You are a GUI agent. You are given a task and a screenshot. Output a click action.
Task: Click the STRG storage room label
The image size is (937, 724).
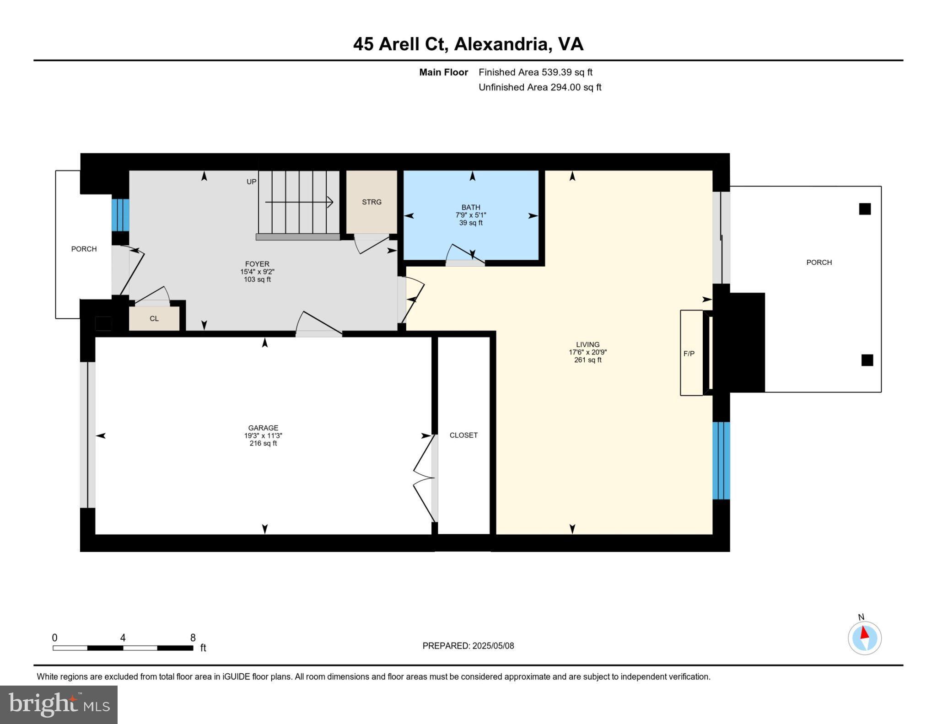coord(372,202)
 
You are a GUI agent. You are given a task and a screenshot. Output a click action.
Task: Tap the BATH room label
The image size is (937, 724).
coord(470,207)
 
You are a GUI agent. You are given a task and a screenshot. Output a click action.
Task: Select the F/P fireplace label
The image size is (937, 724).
coord(689,353)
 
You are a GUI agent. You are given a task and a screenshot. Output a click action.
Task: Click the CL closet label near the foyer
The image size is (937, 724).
coord(154,318)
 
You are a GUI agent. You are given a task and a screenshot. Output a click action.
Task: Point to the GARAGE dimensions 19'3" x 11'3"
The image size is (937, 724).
coord(263,436)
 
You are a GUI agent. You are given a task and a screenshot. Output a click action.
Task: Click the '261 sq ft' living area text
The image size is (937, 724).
coord(588,360)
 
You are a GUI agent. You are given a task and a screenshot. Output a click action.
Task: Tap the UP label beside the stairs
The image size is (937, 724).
coord(252,182)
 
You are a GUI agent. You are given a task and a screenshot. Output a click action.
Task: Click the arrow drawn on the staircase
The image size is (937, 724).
coord(299,202)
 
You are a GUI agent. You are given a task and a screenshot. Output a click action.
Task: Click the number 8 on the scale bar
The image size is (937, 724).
coord(193,638)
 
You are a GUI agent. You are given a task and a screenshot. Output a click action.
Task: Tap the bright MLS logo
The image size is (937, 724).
coord(59,704)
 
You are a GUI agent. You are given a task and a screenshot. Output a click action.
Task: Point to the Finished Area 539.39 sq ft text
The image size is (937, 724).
coord(535,72)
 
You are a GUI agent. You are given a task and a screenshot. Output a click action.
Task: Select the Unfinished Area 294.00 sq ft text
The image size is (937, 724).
coord(540,87)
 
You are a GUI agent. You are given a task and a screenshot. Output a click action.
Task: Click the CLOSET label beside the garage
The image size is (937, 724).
coord(463,435)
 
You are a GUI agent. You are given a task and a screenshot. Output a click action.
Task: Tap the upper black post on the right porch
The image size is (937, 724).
coord(865,209)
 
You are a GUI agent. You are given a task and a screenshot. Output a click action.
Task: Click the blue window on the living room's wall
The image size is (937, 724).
coord(721,461)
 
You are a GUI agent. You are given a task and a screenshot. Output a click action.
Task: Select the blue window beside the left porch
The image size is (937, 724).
coord(120,215)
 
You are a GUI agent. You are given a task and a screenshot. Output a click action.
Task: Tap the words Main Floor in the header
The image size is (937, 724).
coord(443,72)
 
